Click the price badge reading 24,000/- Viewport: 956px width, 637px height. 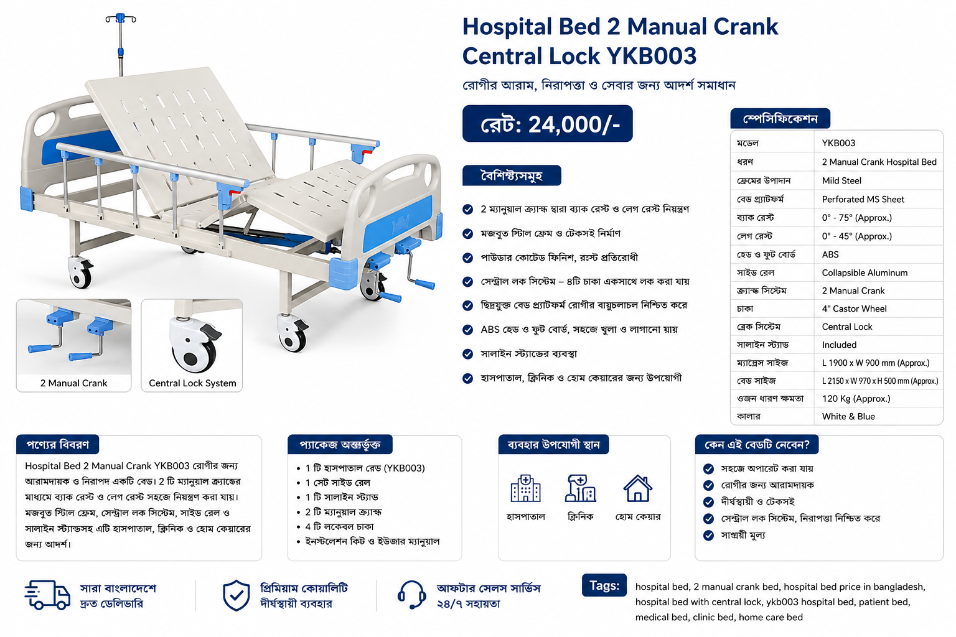(x=547, y=124)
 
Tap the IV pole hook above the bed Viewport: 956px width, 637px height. (x=121, y=18)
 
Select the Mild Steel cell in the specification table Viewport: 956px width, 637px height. (x=841, y=180)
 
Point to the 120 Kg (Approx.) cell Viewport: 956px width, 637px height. (x=856, y=399)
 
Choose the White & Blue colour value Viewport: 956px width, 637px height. (x=848, y=416)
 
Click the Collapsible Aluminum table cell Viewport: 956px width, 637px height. (x=865, y=272)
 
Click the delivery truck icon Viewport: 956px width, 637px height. (x=47, y=595)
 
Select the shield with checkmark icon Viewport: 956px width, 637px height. (x=236, y=595)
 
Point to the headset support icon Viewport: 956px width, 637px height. (x=412, y=595)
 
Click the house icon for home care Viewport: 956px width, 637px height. (x=637, y=488)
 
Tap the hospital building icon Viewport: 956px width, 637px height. (x=525, y=488)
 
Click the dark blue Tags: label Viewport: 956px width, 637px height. (x=604, y=585)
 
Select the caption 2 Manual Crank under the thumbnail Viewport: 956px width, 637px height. (x=74, y=383)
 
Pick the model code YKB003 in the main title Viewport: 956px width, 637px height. (x=651, y=56)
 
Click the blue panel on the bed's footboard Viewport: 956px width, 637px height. (x=398, y=223)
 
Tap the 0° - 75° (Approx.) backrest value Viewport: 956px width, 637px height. (x=857, y=218)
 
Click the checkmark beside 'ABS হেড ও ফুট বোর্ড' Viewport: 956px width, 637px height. (x=468, y=330)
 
